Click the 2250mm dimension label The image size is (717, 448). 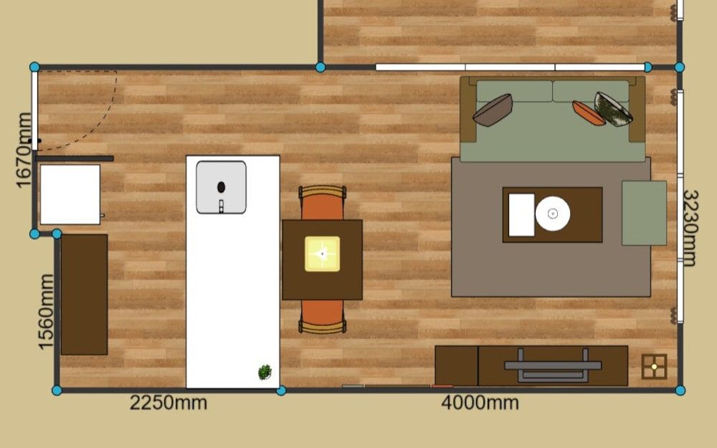(x=168, y=403)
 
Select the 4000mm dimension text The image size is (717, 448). (x=480, y=403)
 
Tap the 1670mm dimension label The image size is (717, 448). (x=24, y=151)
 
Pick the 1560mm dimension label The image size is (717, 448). (x=46, y=313)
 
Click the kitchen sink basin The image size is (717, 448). (x=222, y=187)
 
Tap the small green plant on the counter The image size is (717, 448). (x=265, y=372)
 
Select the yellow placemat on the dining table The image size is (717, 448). (x=323, y=254)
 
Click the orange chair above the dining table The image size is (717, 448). (x=323, y=203)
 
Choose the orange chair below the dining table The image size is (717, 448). (x=323, y=316)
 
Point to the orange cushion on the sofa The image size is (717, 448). (x=588, y=113)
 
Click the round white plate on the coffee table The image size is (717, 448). (x=553, y=214)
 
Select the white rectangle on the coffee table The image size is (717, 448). (x=522, y=215)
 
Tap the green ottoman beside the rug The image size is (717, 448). (x=645, y=213)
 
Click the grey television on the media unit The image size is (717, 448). (x=553, y=366)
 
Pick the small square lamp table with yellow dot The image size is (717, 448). (x=654, y=366)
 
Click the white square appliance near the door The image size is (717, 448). (x=70, y=195)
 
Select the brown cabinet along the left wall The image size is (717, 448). (x=84, y=295)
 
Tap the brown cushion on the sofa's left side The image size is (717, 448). (x=493, y=110)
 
